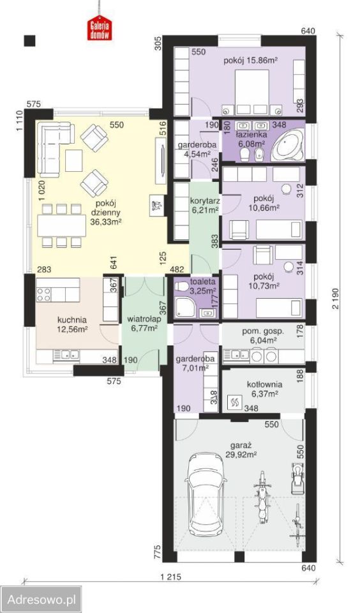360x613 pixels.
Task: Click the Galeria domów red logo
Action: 100,27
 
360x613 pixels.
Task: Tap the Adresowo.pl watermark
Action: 41,600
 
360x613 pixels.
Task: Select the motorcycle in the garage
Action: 260,496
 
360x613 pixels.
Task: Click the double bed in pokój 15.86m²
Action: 251,92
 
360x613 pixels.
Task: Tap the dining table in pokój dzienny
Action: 62,225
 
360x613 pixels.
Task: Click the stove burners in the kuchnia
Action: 43,295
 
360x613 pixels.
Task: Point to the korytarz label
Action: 205,201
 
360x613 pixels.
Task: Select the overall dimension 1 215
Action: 171,576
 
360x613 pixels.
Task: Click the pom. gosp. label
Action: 263,331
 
